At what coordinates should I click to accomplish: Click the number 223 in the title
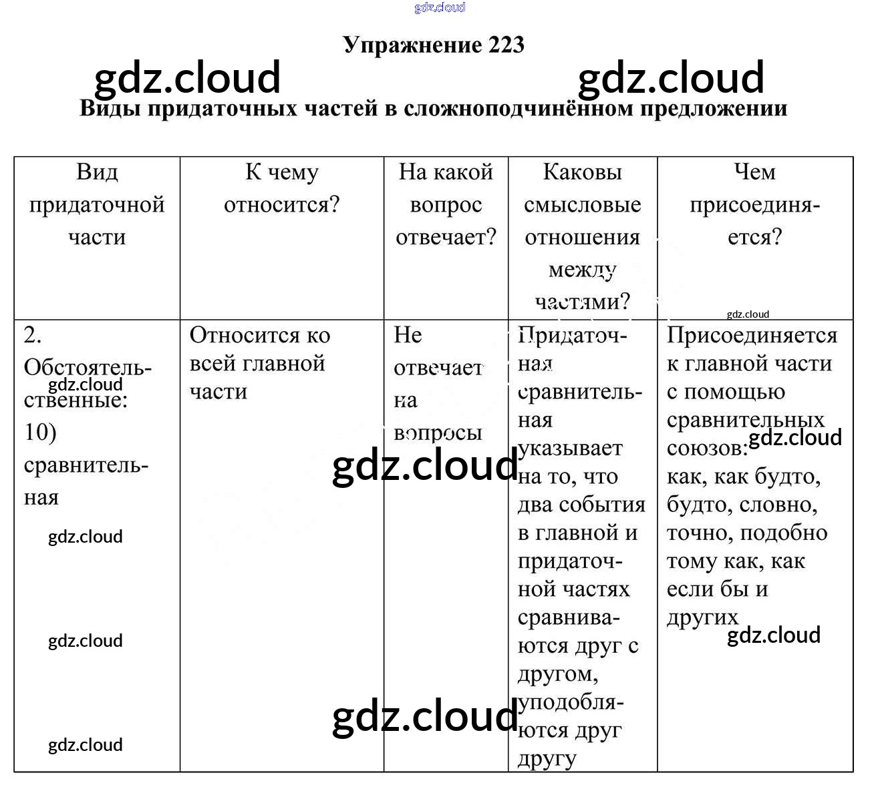506,45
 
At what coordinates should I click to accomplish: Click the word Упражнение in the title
412,45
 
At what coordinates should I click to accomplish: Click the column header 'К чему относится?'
281,188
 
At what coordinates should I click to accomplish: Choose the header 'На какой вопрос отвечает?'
446,204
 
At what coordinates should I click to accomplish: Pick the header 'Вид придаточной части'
97,204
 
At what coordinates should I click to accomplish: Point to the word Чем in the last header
754,172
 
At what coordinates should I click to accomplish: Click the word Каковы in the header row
582,172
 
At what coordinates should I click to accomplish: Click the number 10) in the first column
40,433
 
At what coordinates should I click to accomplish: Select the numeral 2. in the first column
32,334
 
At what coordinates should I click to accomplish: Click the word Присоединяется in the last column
752,335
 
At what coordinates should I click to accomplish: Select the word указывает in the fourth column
570,449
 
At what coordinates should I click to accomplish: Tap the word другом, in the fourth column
558,674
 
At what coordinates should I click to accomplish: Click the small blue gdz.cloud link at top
439,7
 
